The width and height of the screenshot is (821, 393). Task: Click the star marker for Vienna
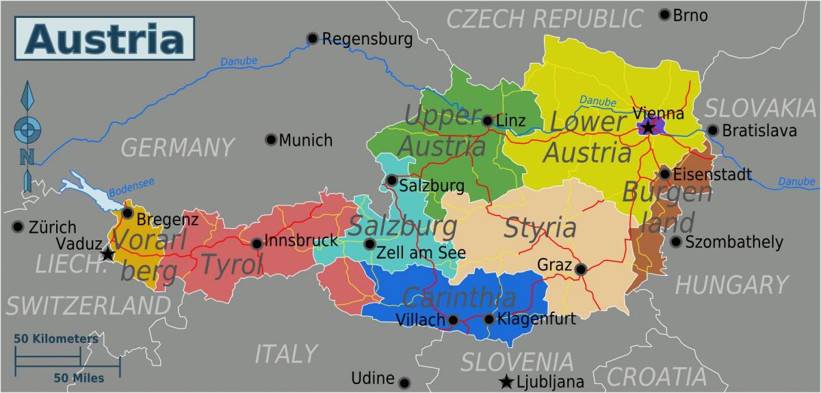click(x=647, y=127)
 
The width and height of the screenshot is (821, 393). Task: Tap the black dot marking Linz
click(x=488, y=121)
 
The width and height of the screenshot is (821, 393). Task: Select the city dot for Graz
click(x=580, y=270)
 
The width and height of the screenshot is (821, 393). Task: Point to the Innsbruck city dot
click(x=256, y=243)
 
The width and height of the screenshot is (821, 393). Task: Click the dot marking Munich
click(x=271, y=140)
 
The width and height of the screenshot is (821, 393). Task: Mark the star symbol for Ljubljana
click(x=506, y=381)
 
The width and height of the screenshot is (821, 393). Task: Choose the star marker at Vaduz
click(x=107, y=254)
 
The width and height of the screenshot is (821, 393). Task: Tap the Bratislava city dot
click(x=713, y=130)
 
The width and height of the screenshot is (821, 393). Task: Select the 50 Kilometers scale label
click(x=56, y=339)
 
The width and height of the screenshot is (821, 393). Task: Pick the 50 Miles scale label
click(x=79, y=377)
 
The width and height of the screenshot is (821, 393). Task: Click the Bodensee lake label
click(x=128, y=188)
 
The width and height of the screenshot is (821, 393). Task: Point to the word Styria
click(x=540, y=227)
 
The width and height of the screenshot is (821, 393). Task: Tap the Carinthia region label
click(x=459, y=297)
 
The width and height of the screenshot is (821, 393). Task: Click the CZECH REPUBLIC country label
click(x=545, y=18)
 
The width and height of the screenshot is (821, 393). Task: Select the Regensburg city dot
click(x=313, y=38)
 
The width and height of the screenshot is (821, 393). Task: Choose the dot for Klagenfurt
click(x=488, y=319)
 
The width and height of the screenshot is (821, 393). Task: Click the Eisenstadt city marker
click(x=664, y=174)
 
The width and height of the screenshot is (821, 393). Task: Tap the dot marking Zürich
click(x=18, y=227)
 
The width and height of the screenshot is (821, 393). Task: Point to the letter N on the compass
click(x=27, y=157)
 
